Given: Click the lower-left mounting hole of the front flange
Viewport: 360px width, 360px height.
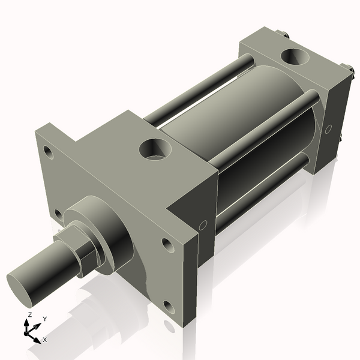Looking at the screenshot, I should tap(58, 214).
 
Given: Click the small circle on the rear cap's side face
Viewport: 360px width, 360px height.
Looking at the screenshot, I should tap(328, 128).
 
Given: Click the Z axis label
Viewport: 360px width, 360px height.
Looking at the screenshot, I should tap(29, 314).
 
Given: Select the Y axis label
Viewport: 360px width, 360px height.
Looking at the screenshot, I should tap(45, 318).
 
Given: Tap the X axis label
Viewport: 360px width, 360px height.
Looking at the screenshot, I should tap(44, 340).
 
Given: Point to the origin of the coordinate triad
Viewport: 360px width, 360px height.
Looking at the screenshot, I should tap(28, 331).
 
